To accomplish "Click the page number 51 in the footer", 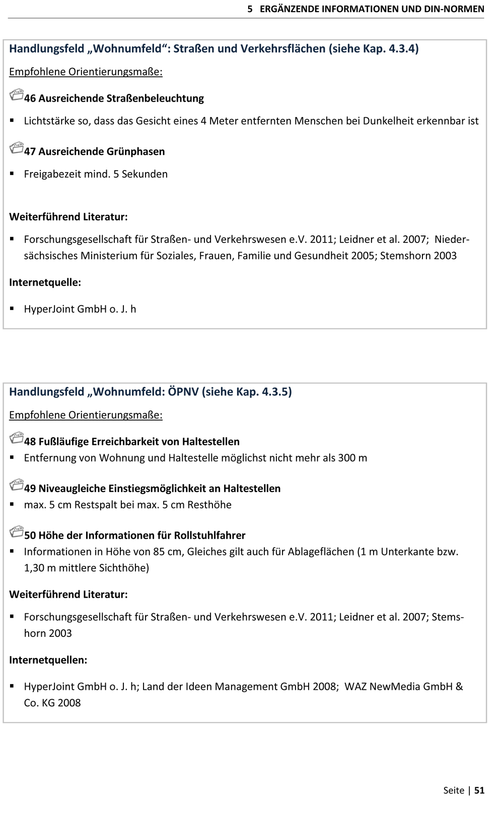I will (x=479, y=790).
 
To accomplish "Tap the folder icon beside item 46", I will (x=17, y=95).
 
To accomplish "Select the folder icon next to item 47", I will (x=17, y=148).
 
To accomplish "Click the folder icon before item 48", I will (x=17, y=438).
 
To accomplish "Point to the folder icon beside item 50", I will (x=17, y=532).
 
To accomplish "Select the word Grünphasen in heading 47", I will (x=136, y=151).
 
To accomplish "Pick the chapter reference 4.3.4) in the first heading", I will (x=403, y=49).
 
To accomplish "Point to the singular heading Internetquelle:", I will (x=45, y=282).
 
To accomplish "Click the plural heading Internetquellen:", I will (x=48, y=660).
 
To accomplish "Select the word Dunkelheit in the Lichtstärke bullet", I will (x=388, y=121).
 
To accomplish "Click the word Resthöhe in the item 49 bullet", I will (x=209, y=505).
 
